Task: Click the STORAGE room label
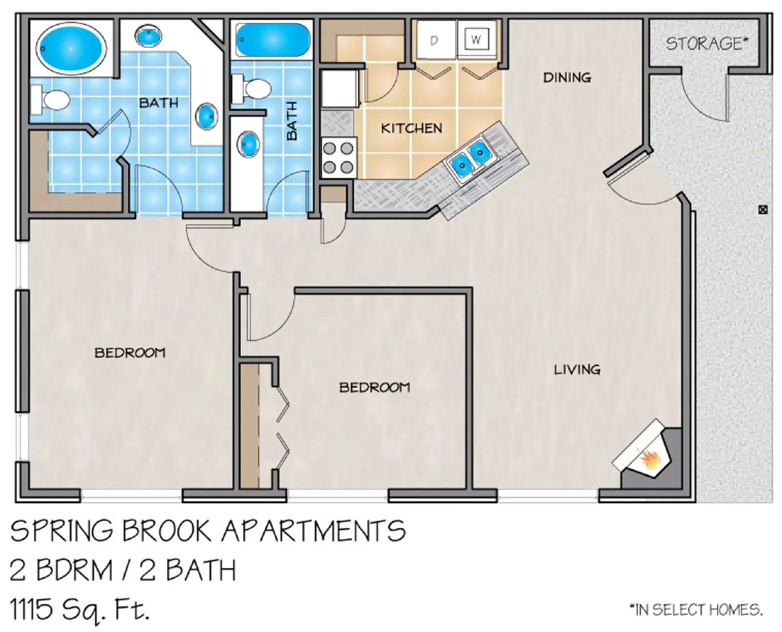point(707,44)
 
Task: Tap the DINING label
point(567,77)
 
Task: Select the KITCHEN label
point(411,128)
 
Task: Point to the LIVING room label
point(577,369)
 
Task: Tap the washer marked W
point(476,40)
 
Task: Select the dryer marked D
point(434,41)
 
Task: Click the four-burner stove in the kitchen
point(338,158)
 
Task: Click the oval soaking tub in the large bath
point(71,48)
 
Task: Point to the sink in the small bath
point(248,144)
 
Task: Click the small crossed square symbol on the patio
point(762,210)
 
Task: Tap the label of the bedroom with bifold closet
point(374,387)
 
